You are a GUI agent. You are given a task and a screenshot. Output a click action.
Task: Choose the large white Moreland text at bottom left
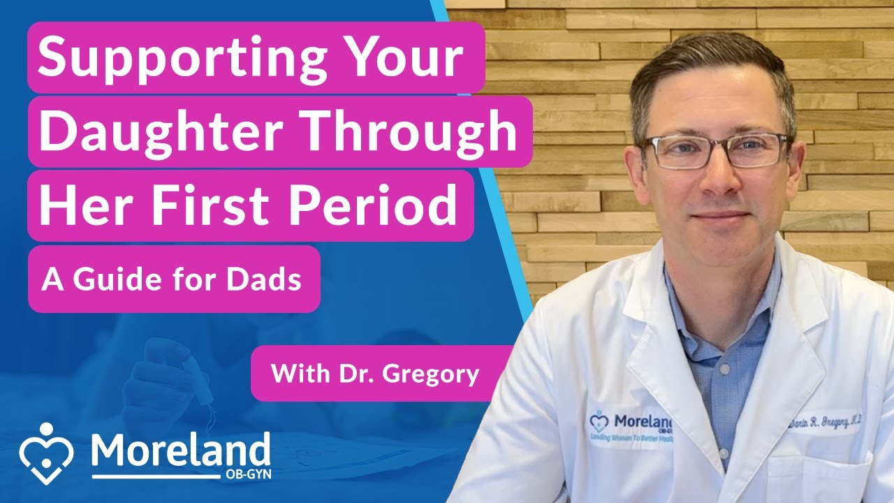pyautogui.click(x=180, y=451)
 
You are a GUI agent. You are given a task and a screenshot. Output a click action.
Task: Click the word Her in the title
pyautogui.click(x=80, y=205)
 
